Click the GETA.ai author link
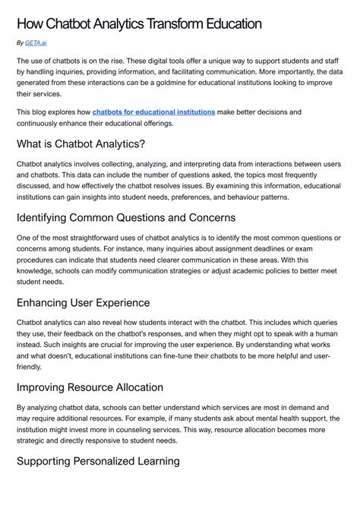pos(35,43)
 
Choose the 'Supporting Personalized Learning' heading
pos(98,460)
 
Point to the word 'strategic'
pos(34,440)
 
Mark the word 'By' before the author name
pos(20,43)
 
